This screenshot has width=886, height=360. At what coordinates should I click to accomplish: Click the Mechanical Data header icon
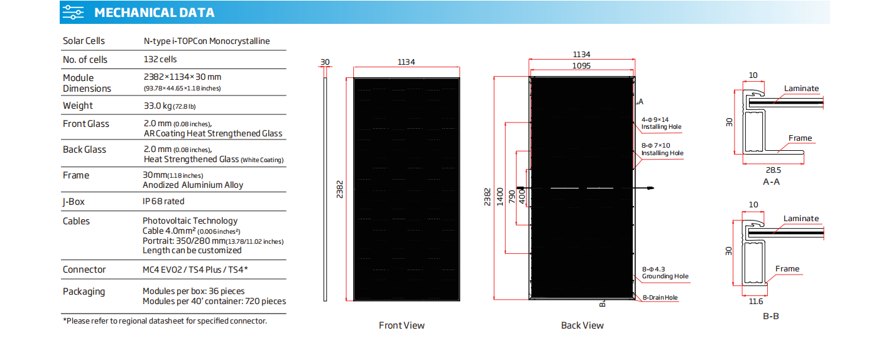point(73,13)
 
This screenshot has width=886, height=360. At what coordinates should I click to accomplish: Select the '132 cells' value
point(160,59)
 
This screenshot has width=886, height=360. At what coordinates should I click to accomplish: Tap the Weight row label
point(77,106)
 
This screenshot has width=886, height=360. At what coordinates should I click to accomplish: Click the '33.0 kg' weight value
point(158,106)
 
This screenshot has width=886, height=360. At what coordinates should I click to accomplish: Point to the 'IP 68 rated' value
point(163,202)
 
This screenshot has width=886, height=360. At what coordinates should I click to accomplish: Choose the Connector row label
point(84,270)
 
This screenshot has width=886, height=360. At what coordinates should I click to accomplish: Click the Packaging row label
point(84,292)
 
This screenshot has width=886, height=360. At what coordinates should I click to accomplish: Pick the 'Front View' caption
point(402,325)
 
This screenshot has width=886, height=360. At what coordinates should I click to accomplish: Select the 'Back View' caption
point(582,325)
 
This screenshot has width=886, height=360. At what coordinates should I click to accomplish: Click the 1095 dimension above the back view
point(581,66)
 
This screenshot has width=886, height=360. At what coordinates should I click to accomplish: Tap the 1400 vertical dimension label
point(500,197)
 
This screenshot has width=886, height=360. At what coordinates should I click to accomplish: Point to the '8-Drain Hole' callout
point(660,298)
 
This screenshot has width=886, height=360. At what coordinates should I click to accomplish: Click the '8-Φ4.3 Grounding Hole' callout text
point(665,273)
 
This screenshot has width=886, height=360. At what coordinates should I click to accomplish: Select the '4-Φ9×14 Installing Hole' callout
point(661,123)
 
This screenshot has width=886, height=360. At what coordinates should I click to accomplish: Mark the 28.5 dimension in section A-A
point(774,170)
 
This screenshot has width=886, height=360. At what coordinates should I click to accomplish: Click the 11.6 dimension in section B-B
point(755,302)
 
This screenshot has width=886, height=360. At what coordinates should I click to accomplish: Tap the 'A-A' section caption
point(771,182)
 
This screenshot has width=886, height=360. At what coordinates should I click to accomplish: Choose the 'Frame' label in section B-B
point(787,269)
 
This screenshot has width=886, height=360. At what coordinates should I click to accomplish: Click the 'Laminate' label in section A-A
point(801,89)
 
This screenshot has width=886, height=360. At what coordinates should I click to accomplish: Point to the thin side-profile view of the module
point(325,189)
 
